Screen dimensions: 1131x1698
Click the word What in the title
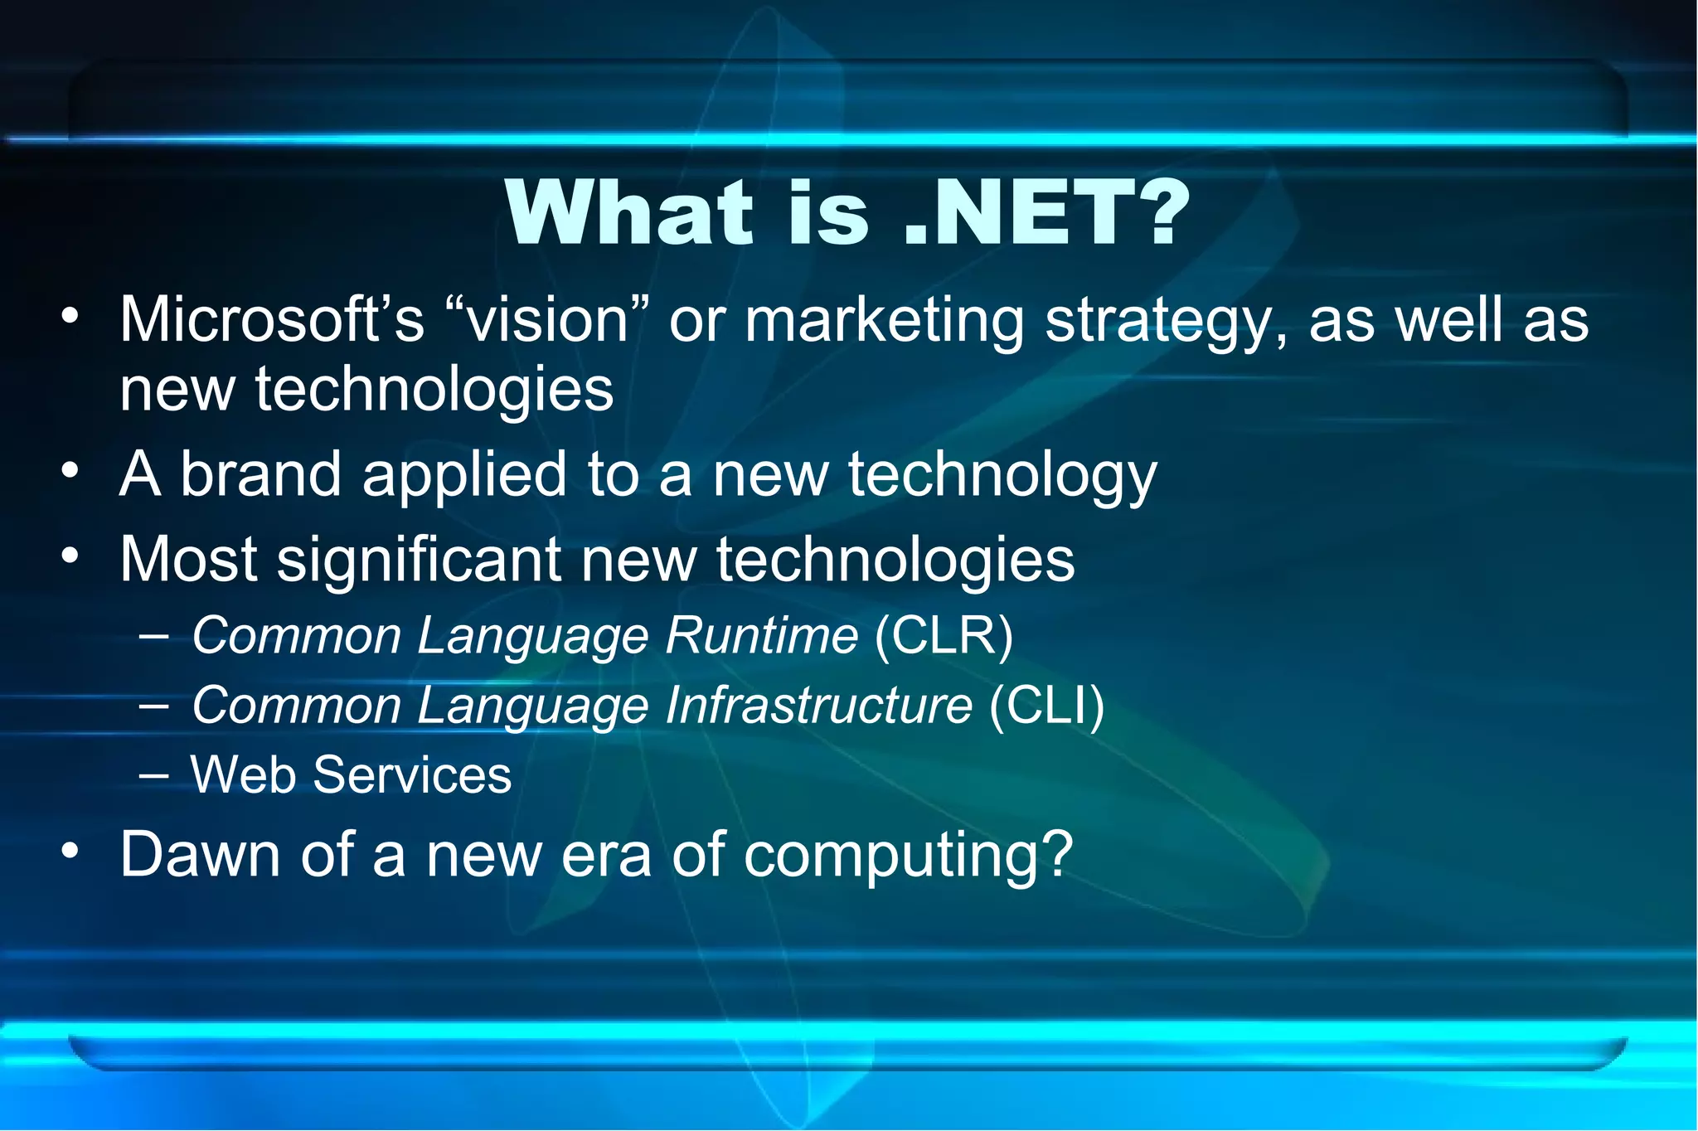630,213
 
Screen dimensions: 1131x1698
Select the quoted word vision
547,320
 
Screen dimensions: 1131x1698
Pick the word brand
261,474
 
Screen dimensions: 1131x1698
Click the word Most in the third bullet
188,560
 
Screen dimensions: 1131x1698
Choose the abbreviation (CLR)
944,637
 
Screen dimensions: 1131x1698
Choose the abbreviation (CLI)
1046,706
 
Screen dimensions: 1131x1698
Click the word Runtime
761,637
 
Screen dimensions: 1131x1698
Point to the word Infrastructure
818,706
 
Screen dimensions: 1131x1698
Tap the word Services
412,775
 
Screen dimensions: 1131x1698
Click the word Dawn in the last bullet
200,854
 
